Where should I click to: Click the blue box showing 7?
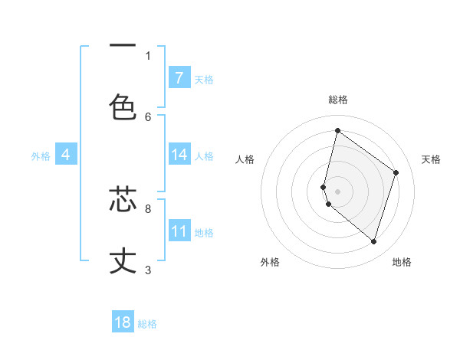[x=179, y=77]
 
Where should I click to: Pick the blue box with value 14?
[x=179, y=155]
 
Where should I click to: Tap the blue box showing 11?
[x=179, y=231]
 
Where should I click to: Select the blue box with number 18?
[x=123, y=322]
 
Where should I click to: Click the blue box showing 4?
[x=66, y=155]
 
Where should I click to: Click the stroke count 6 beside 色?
[x=148, y=116]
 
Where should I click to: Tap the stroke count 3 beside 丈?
[x=148, y=270]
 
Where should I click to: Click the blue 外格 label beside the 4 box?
[x=41, y=156]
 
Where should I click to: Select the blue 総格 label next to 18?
[x=147, y=324]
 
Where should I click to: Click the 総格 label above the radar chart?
[x=338, y=100]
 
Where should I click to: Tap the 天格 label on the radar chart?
[x=432, y=159]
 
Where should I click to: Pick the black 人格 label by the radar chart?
[x=245, y=159]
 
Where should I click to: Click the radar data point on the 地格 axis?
[x=373, y=242]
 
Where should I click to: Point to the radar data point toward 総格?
[x=337, y=131]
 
